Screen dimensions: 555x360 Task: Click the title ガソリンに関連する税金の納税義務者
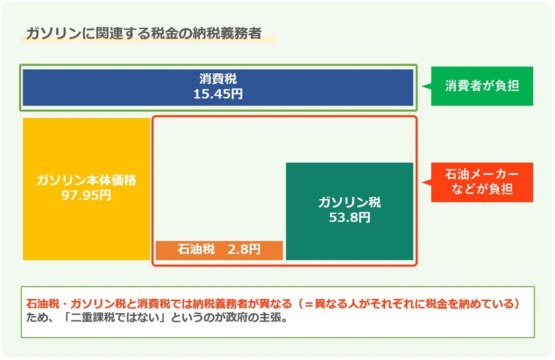(x=144, y=33)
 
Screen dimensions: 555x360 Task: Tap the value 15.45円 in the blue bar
(x=218, y=94)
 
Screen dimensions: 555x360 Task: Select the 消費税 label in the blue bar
(x=218, y=79)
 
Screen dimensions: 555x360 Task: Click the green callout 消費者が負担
(x=482, y=86)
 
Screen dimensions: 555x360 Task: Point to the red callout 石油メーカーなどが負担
(x=482, y=182)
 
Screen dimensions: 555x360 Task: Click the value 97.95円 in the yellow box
(x=86, y=196)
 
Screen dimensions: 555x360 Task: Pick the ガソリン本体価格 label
(x=86, y=180)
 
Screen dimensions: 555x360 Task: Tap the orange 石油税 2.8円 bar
(x=219, y=250)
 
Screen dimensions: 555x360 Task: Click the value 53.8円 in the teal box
(x=350, y=217)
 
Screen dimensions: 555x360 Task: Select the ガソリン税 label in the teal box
(x=350, y=202)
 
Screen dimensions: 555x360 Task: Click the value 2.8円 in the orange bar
(x=244, y=250)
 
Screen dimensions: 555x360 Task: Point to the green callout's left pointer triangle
(x=427, y=86)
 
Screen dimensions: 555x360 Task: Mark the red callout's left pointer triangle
(x=427, y=182)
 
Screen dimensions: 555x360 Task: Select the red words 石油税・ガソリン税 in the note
(x=76, y=304)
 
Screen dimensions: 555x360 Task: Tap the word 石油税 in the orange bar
(x=196, y=250)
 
